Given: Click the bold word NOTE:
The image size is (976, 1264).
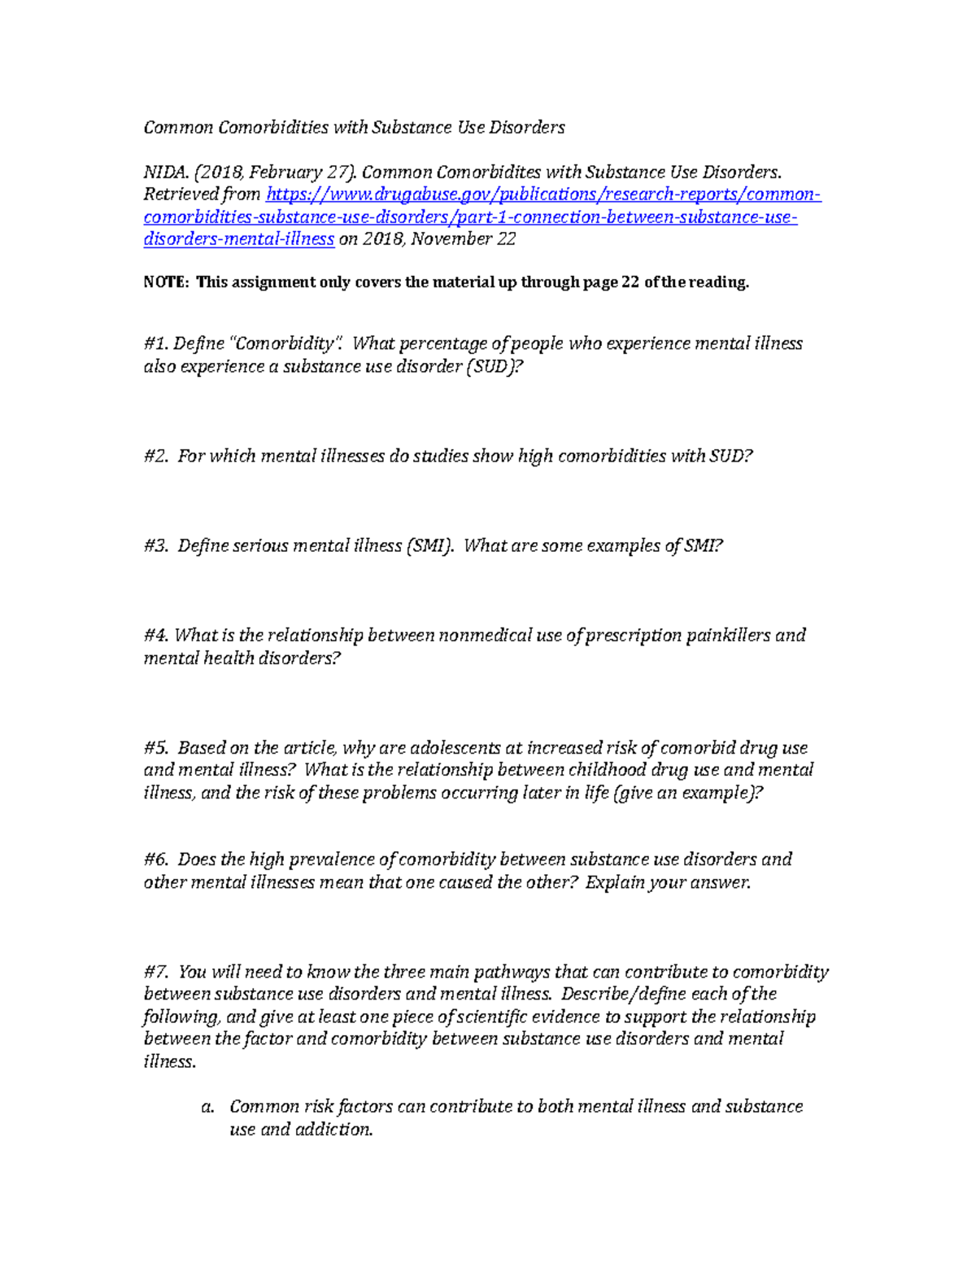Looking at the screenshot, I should coord(167,282).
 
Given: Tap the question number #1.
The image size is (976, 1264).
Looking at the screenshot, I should coord(155,343).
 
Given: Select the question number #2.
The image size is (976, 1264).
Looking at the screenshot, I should coord(155,456).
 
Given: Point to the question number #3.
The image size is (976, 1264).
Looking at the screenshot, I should coord(155,545).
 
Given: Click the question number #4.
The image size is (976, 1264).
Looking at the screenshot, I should coord(155,635).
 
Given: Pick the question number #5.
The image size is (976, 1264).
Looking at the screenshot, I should coord(155,747).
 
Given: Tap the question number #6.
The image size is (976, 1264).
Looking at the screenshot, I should coord(155,859).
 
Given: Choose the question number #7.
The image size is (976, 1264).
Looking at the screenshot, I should coord(155,972).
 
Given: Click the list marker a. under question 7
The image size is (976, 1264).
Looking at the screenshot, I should coord(207,1107).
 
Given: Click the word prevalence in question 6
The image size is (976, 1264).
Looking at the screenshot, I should coord(323,859).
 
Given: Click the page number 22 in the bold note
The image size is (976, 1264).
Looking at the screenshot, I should coord(630,282).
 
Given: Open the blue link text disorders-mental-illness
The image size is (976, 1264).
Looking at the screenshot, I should coord(239,239).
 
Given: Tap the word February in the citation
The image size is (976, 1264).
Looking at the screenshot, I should coord(287,172).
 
